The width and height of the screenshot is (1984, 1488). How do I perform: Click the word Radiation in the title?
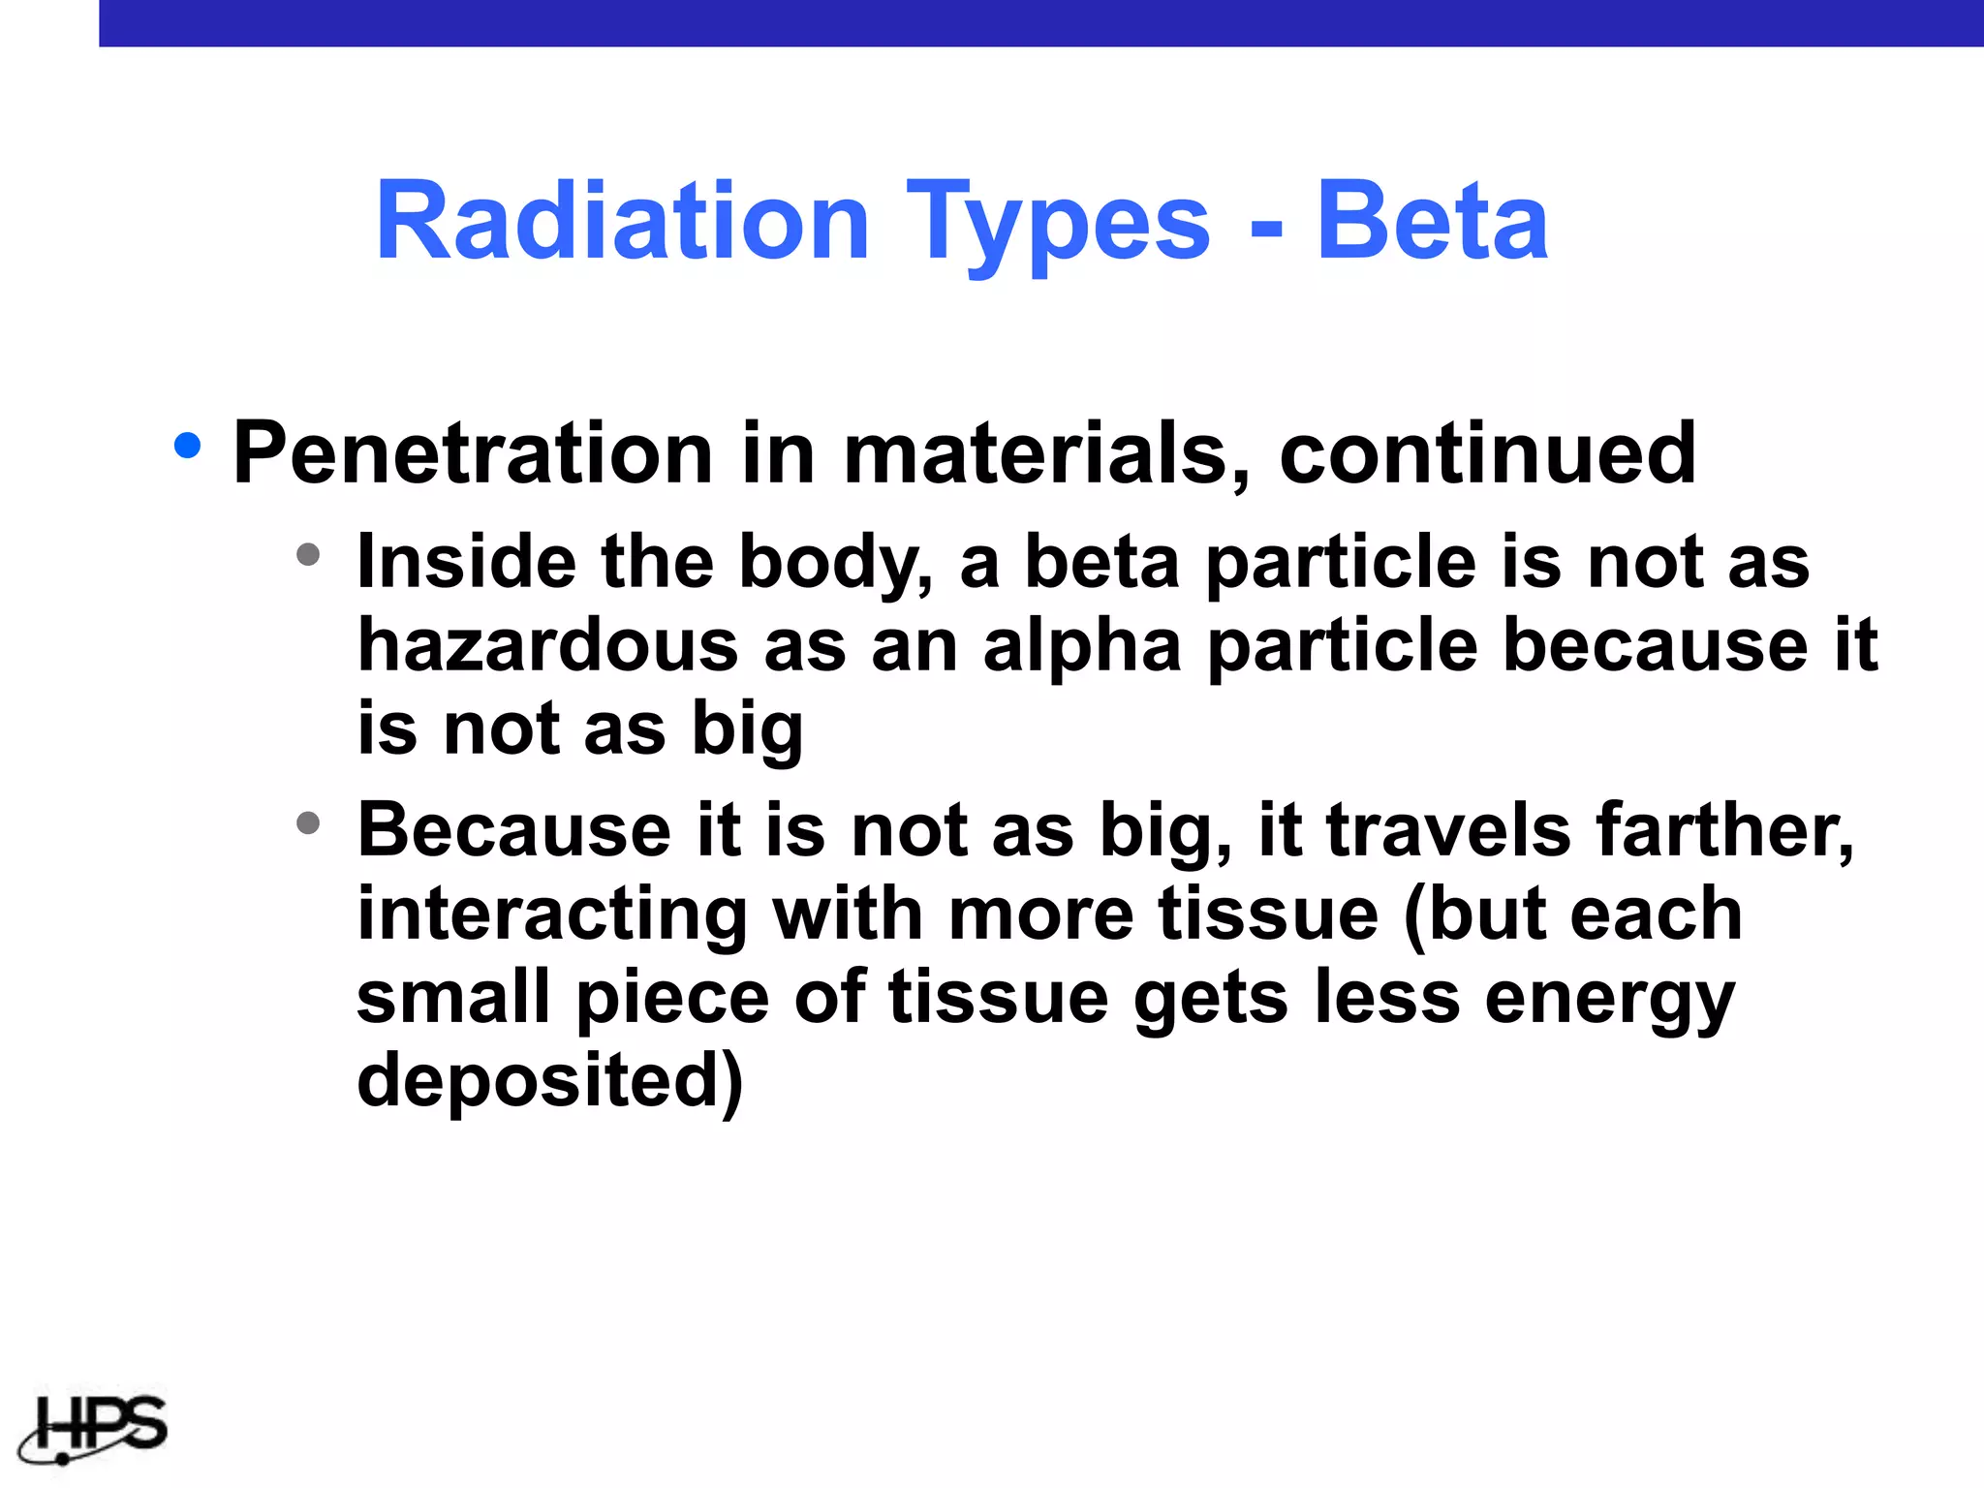click(622, 222)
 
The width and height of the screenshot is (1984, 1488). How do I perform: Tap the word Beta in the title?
click(1432, 222)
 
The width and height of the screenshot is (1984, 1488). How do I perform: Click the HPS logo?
click(94, 1428)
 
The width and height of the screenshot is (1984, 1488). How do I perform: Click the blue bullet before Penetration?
click(187, 446)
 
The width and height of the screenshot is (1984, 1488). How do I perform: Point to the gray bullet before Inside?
click(308, 554)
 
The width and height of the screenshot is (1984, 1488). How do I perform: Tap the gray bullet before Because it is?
click(308, 823)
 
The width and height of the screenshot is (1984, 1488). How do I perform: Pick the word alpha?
click(1082, 647)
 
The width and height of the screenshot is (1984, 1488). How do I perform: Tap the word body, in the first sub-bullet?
click(836, 563)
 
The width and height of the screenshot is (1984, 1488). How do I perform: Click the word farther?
click(1724, 831)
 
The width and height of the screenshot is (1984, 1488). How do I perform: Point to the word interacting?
click(552, 915)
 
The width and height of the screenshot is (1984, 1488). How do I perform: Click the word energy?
click(1609, 1000)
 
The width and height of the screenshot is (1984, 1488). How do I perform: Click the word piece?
click(672, 1000)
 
